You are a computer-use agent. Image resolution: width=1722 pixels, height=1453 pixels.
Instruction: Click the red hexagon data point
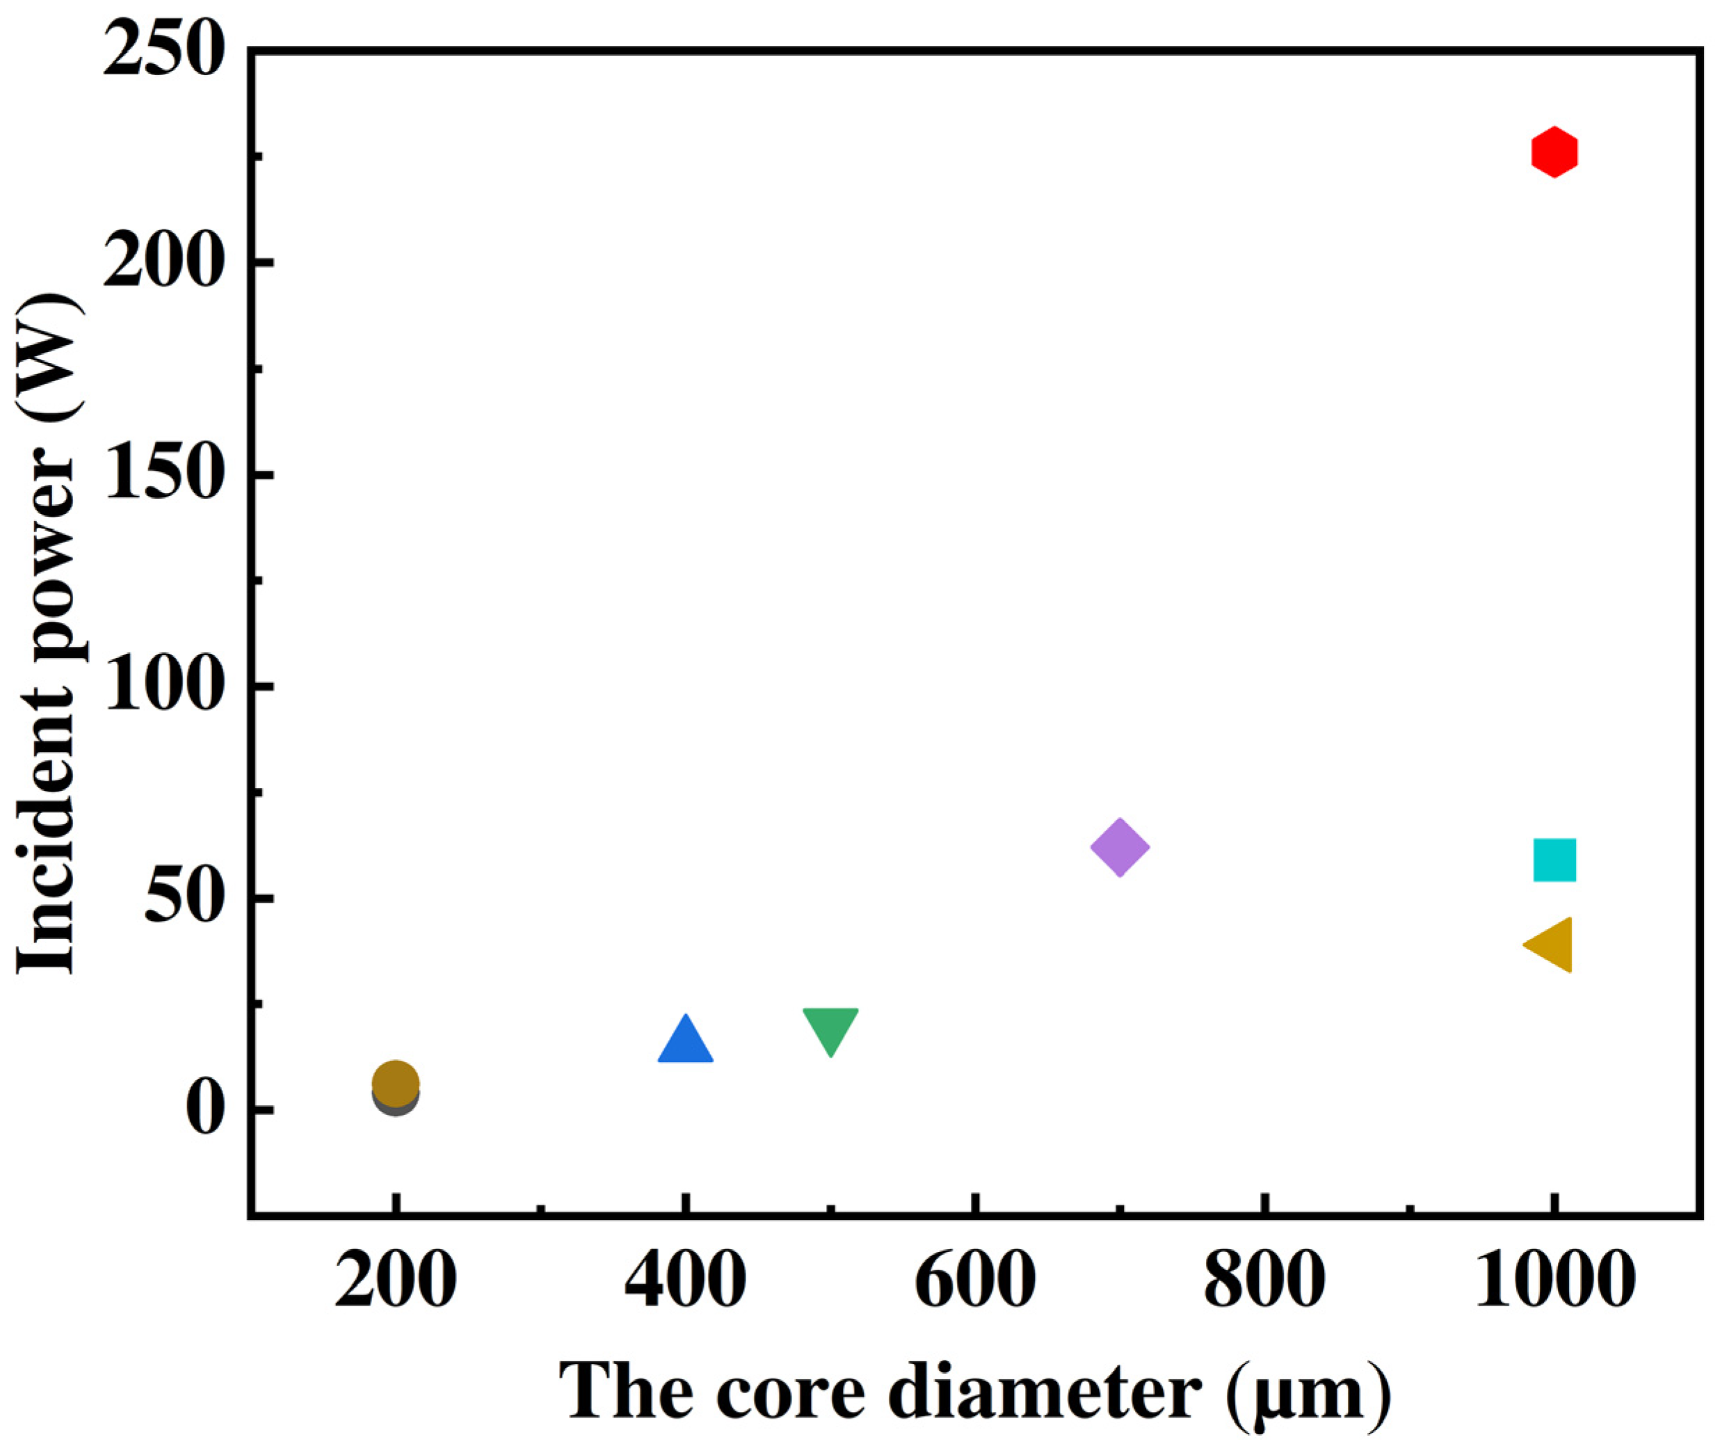[x=1553, y=152]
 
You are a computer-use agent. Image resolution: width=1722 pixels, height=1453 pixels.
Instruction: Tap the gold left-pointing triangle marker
[x=1551, y=945]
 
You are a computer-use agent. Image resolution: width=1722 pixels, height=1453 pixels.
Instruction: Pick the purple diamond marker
[x=1119, y=846]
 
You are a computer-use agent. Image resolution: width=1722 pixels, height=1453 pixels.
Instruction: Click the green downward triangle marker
[x=830, y=1028]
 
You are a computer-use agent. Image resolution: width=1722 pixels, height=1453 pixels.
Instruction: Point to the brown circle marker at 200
[x=395, y=1082]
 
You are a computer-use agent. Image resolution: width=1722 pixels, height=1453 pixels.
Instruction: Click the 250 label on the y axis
[x=164, y=51]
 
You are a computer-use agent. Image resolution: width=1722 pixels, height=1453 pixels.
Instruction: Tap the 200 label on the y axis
[x=164, y=263]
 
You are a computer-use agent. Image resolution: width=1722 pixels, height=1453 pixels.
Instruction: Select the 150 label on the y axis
[x=164, y=475]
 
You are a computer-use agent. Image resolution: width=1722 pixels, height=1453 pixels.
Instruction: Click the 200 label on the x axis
[x=395, y=1283]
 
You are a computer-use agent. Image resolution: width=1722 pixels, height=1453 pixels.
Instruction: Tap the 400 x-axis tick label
[x=684, y=1283]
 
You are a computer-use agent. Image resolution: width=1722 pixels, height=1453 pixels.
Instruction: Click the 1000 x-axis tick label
[x=1553, y=1283]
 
